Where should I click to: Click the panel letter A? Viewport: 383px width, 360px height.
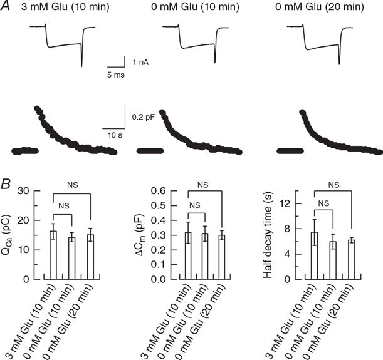click(6, 7)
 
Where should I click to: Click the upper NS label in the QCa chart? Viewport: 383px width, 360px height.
click(71, 185)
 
